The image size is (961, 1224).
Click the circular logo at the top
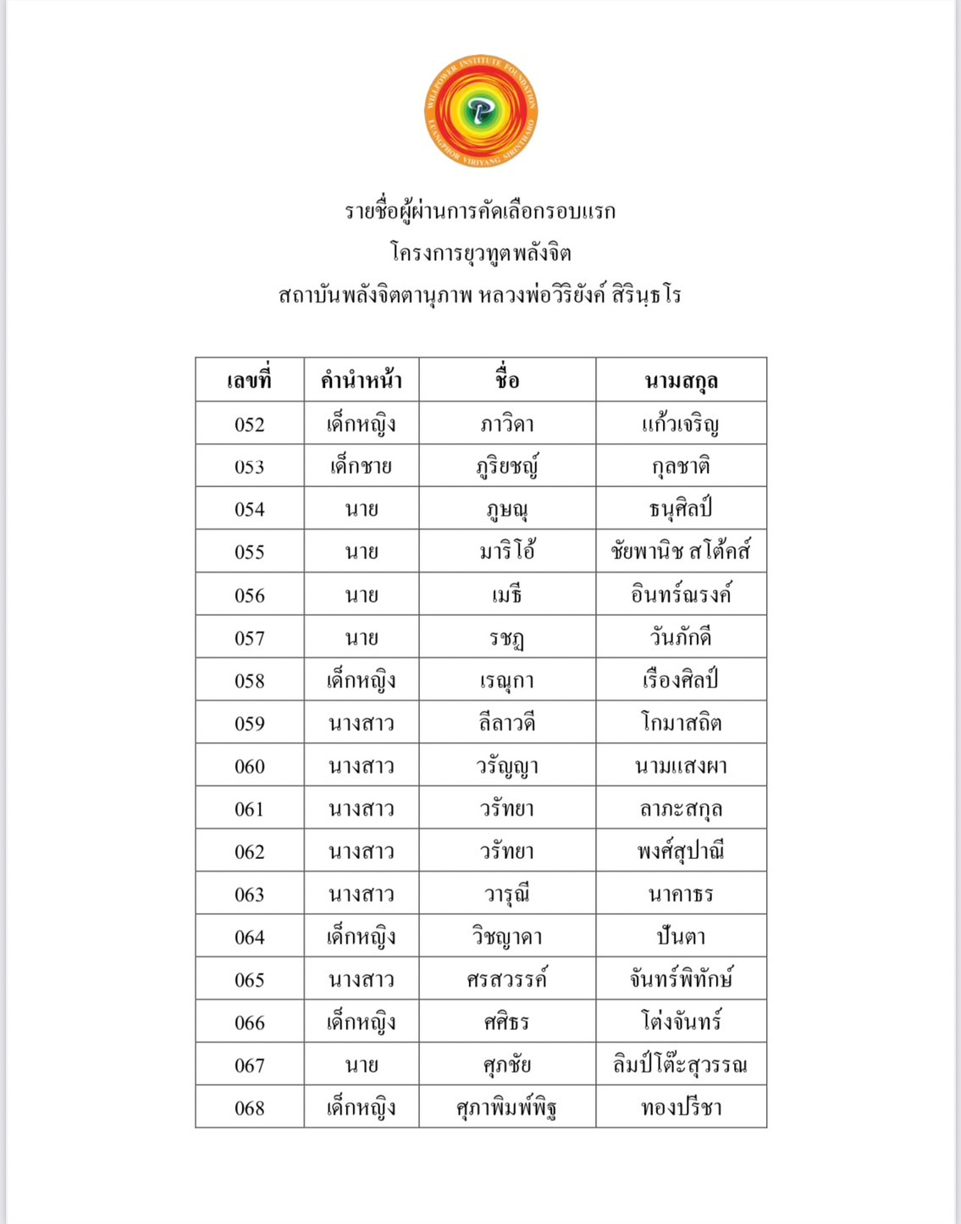[481, 111]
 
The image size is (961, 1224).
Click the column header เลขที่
[250, 380]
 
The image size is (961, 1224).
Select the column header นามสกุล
[681, 380]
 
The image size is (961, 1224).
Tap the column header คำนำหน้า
[362, 380]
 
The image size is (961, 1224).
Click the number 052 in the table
[250, 424]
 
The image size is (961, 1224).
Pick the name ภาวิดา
[507, 424]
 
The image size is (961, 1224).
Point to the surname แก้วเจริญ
[681, 424]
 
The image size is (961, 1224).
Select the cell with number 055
[250, 552]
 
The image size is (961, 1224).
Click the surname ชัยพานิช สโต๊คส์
[681, 551]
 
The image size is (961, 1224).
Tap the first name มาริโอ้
[507, 551]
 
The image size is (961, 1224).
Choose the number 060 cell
[250, 767]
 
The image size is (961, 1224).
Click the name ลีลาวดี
[507, 723]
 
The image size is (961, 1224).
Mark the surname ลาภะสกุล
[681, 809]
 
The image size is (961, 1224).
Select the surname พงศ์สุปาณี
[681, 851]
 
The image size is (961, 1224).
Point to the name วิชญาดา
[507, 938]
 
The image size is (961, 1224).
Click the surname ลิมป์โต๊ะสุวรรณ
[681, 1065]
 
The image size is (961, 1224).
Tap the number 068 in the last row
[250, 1108]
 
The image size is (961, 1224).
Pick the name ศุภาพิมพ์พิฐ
[507, 1108]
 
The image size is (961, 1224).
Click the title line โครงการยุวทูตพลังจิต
[481, 252]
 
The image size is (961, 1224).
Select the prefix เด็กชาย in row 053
[362, 467]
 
